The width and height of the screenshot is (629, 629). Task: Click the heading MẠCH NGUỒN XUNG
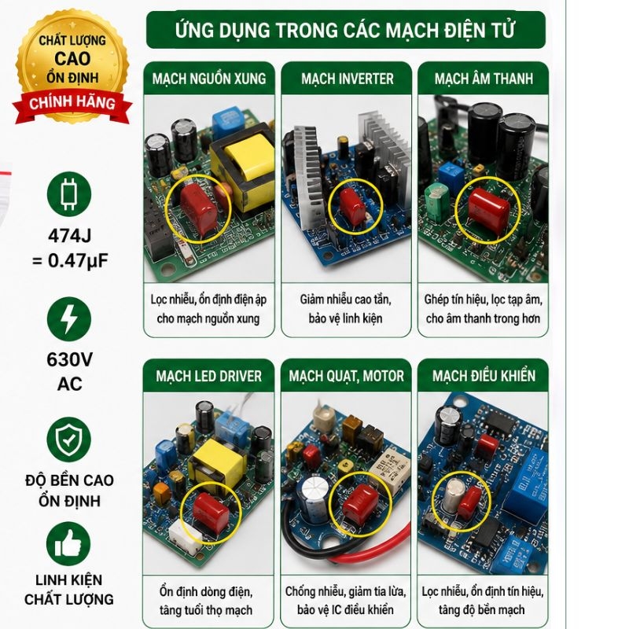point(209,78)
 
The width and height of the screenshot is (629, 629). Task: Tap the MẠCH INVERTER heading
point(348,79)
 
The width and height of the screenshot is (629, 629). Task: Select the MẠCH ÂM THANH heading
point(484,78)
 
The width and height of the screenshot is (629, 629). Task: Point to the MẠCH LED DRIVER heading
point(208,376)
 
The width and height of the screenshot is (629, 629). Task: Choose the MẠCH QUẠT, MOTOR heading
point(346,376)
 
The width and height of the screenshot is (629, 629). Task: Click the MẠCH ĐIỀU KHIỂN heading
point(484,376)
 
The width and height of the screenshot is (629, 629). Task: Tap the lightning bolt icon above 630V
point(69,319)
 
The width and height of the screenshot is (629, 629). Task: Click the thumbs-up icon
point(68,544)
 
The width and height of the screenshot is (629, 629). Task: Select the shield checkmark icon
point(69,440)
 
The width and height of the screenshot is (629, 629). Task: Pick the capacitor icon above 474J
point(69,194)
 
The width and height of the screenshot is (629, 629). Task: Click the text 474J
point(70,236)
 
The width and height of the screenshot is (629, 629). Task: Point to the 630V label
point(70,359)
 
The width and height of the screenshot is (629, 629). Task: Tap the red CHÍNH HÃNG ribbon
point(72,105)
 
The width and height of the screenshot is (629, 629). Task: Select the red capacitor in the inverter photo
point(352,206)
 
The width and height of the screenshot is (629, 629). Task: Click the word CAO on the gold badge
point(72,59)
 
